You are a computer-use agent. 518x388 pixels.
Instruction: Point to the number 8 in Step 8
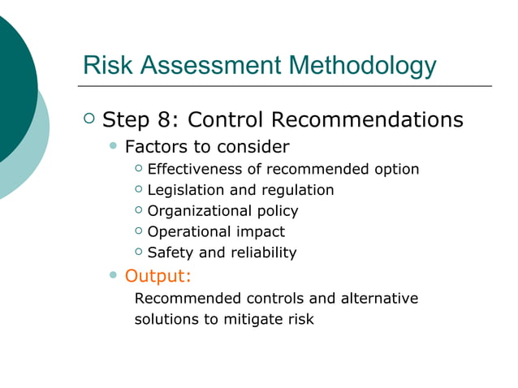point(168,120)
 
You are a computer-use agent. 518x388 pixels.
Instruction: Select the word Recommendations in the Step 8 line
point(366,120)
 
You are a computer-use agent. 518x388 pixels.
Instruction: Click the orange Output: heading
point(158,275)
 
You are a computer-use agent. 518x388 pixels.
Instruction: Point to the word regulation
point(294,190)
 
